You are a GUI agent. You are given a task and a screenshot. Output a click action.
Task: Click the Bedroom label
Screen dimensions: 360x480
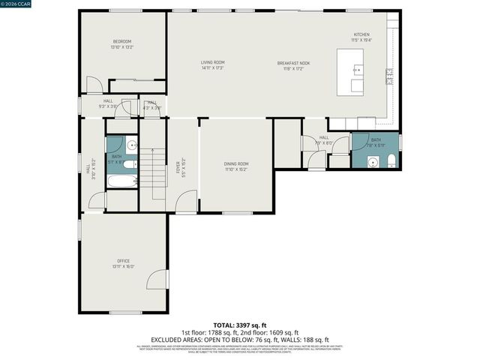pyautogui.click(x=122, y=41)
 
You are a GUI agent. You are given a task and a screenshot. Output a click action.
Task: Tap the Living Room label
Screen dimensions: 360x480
pyautogui.click(x=212, y=62)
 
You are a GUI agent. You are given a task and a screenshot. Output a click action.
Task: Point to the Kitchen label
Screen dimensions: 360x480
pyautogui.click(x=361, y=34)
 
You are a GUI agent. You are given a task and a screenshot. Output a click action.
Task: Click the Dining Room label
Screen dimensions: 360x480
pyautogui.click(x=235, y=163)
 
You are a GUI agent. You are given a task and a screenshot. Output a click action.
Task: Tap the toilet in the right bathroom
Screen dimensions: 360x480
pyautogui.click(x=391, y=160)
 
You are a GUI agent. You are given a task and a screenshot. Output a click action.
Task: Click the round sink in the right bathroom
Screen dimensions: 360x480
pyautogui.click(x=372, y=160)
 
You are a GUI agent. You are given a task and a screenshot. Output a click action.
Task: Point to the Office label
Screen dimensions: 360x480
pyautogui.click(x=123, y=261)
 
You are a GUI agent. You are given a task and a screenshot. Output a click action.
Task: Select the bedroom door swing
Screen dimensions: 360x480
pyautogui.click(x=92, y=85)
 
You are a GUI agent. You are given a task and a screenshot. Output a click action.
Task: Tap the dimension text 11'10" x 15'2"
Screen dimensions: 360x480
pyautogui.click(x=235, y=169)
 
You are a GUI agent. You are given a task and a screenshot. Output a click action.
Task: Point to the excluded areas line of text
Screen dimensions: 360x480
pyautogui.click(x=239, y=338)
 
